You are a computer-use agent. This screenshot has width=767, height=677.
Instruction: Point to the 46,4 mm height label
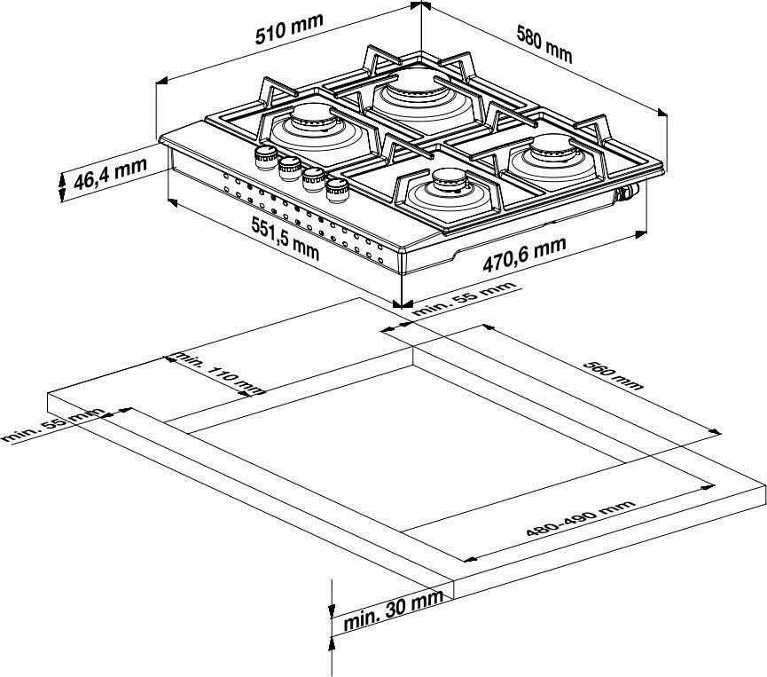tap(109, 177)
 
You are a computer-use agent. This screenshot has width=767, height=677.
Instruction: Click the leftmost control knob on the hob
tap(264, 157)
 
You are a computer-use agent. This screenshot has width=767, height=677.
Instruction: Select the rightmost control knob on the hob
tap(337, 188)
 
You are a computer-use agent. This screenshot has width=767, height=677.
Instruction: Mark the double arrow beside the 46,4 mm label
tap(62, 185)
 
